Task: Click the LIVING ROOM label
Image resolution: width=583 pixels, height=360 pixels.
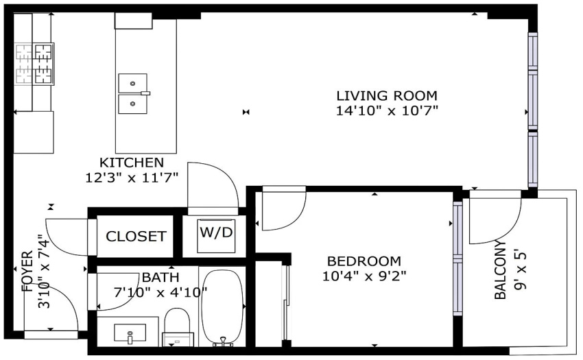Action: (387, 95)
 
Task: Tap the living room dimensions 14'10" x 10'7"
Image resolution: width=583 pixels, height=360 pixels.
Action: (387, 111)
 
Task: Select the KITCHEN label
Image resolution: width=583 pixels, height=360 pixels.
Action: (132, 163)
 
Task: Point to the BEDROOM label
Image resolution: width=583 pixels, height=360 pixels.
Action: (364, 261)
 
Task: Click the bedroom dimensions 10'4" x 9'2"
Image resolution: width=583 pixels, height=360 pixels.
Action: (364, 276)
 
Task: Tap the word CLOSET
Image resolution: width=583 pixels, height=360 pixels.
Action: (136, 236)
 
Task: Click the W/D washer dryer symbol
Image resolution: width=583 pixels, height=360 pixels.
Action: (216, 235)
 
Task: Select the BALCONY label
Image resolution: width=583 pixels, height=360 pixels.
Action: (501, 269)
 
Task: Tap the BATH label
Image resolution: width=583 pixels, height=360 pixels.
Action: (160, 278)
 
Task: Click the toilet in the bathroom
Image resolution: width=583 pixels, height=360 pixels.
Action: (178, 327)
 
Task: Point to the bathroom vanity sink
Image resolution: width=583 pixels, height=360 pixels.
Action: (130, 333)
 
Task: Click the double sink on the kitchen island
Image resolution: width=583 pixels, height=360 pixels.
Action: (133, 93)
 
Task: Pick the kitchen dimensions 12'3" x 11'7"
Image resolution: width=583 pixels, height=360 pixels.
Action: (132, 178)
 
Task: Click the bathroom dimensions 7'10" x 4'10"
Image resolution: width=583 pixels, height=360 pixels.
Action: (160, 293)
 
